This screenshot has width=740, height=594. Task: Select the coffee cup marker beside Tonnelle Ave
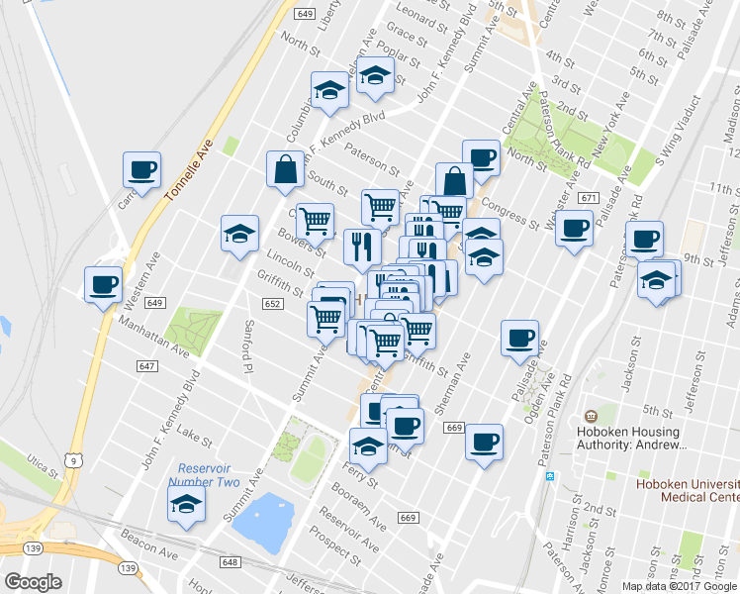tap(141, 168)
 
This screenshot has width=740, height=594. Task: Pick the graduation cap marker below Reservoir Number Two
tap(186, 503)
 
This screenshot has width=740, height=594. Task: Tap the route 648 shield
tap(231, 562)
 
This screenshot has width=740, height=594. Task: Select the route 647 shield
tap(146, 366)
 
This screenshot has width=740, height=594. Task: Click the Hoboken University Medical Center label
tap(687, 491)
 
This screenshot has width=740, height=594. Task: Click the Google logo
tap(33, 582)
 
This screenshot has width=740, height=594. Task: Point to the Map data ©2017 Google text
tap(680, 586)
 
